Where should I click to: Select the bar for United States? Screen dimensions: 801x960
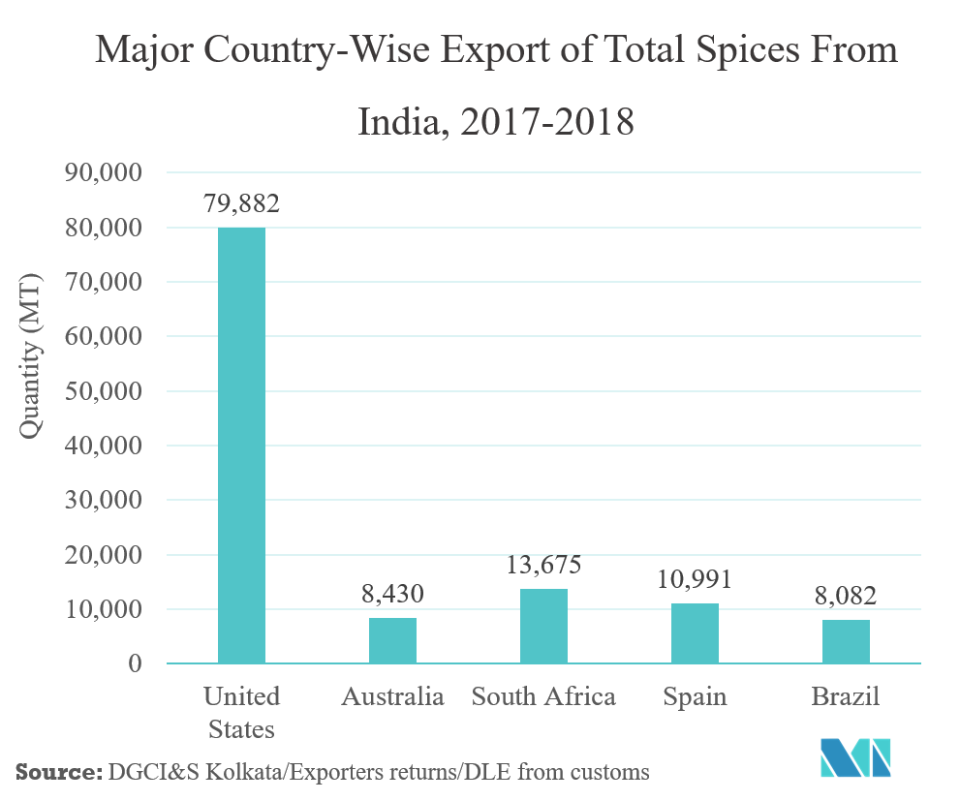coord(241,446)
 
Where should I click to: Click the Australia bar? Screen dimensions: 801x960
coord(392,640)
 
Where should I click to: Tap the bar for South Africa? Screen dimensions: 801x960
coord(543,626)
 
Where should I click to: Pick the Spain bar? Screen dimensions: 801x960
coord(695,633)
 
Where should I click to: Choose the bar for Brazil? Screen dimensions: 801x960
coord(846,641)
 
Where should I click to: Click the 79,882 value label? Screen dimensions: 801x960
coord(241,204)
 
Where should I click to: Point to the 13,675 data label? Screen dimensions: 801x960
coord(543,565)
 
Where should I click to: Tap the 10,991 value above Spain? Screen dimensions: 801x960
coord(695,579)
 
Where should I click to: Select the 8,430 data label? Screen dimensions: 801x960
coord(392,593)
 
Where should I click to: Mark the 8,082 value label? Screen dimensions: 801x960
coord(846,595)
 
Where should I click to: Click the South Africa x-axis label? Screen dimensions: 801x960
coord(543,697)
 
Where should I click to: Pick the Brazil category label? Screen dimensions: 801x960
coord(846,697)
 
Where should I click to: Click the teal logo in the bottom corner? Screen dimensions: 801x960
coord(855,757)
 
